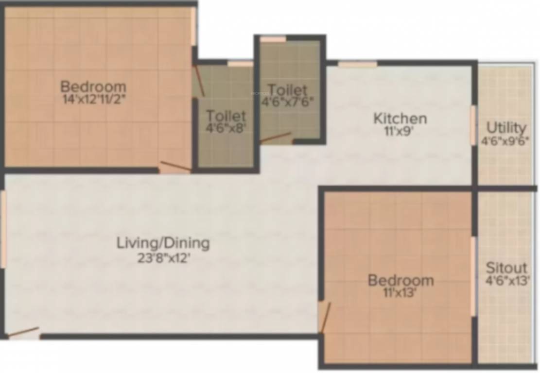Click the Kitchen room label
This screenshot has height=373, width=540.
[x=400, y=118]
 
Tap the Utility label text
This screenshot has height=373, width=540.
[x=506, y=128]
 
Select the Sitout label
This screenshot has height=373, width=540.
[x=506, y=268]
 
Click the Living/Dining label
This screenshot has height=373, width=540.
[x=163, y=243]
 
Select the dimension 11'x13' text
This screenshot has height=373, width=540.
[x=400, y=292]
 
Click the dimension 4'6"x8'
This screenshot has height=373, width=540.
[x=226, y=130]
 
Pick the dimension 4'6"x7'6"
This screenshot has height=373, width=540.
[x=288, y=102]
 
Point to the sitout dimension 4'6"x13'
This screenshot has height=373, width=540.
[x=506, y=281]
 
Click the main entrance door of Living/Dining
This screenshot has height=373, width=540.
[x=23, y=333]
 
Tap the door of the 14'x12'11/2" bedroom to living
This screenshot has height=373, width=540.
[x=175, y=167]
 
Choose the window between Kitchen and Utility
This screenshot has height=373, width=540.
[x=473, y=125]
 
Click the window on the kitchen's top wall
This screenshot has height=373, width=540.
[x=357, y=64]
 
